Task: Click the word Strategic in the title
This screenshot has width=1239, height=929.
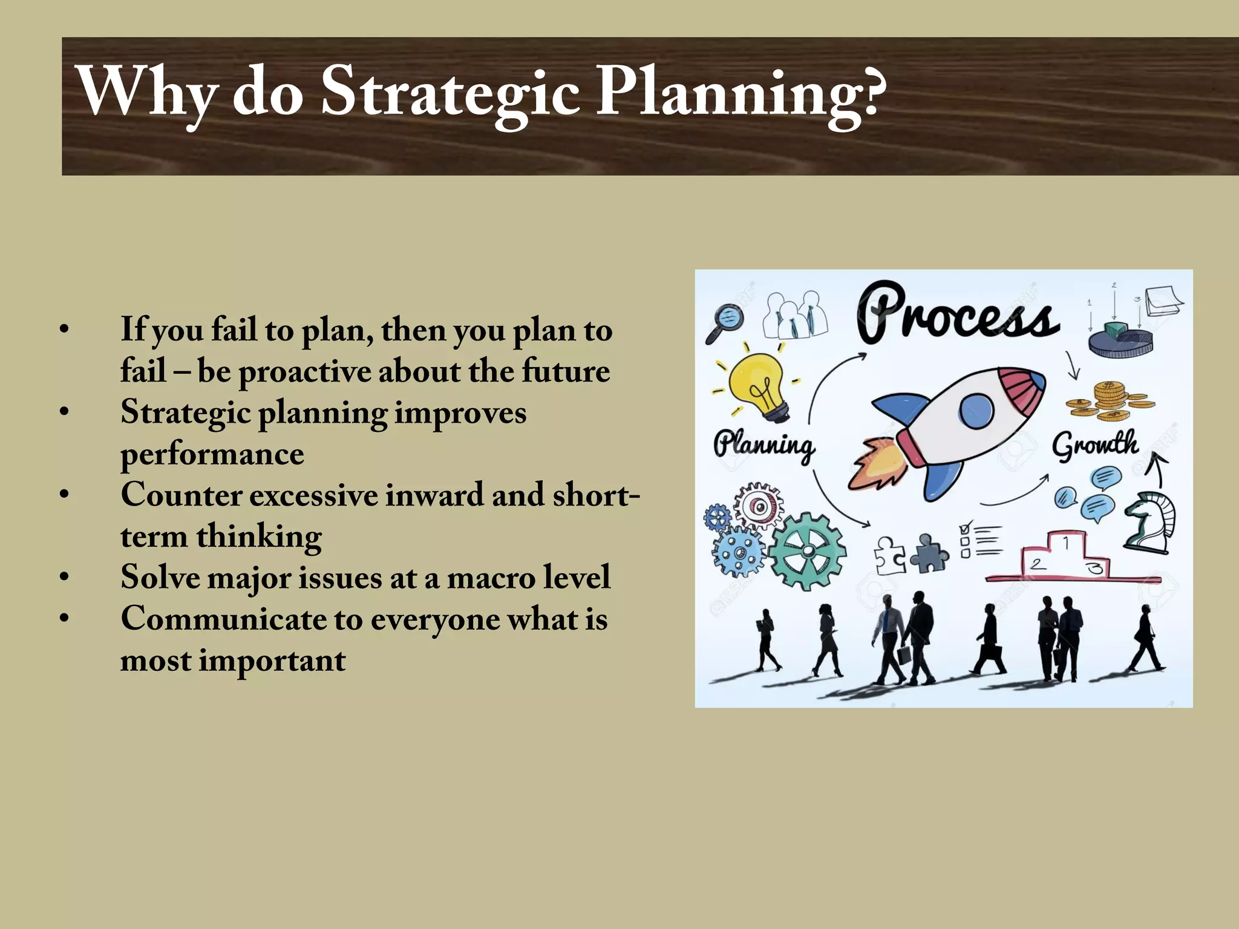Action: coord(451,92)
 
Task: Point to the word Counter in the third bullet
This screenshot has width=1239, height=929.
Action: coord(181,495)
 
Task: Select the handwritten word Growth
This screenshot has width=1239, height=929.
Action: coord(1095,446)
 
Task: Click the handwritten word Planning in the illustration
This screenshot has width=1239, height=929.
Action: coord(763,446)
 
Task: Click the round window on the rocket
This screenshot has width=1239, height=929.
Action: coord(976,411)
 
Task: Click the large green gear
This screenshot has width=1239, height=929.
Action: coord(808,550)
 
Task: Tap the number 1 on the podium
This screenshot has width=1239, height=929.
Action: coord(1065,543)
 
